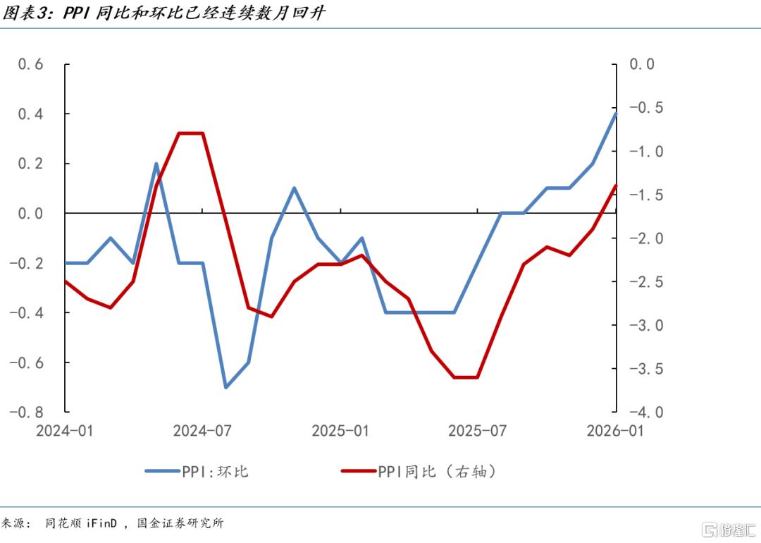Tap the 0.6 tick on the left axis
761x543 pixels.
point(30,64)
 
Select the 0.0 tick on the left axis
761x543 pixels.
point(30,213)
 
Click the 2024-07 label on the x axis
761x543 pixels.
point(202,431)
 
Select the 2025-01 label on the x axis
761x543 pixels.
point(340,431)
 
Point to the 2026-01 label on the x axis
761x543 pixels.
point(615,431)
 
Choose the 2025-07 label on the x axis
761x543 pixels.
point(478,431)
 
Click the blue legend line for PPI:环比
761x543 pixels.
point(162,471)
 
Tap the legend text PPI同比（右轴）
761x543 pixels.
point(437,471)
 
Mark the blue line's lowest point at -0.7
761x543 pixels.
point(225,387)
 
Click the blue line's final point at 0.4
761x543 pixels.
point(616,114)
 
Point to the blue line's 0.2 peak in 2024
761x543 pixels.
point(156,164)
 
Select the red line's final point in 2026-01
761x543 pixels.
point(616,185)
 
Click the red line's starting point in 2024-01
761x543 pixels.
point(65,281)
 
